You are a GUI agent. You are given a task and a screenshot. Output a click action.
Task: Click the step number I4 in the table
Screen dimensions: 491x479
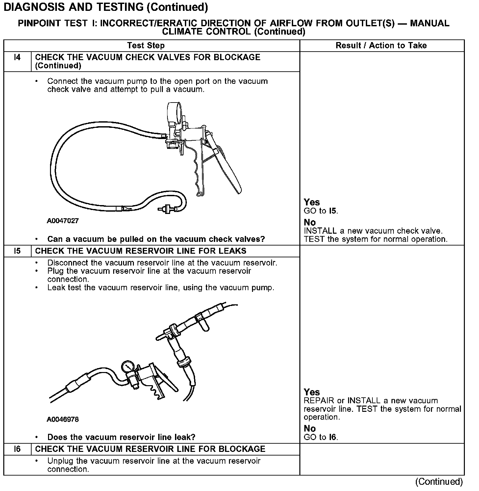click(17, 58)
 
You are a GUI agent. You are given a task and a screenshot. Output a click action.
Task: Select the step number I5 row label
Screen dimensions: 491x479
click(17, 251)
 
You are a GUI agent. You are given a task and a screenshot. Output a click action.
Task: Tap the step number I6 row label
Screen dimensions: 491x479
click(17, 449)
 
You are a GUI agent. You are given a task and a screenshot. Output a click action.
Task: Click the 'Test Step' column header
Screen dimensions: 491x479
click(146, 46)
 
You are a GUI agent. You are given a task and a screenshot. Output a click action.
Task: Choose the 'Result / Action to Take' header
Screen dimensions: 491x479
click(381, 46)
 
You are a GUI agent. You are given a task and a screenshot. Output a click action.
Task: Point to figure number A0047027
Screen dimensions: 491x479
click(63, 221)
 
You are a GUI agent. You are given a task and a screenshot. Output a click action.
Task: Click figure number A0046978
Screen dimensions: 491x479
click(63, 419)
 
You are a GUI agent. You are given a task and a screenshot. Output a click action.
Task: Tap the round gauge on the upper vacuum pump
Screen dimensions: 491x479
click(175, 111)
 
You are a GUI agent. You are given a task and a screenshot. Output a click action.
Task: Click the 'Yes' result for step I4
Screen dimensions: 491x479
click(312, 202)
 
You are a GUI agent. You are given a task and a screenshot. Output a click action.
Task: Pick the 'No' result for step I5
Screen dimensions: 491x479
click(310, 429)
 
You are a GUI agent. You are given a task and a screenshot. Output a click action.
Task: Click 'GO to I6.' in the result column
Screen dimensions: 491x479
click(321, 437)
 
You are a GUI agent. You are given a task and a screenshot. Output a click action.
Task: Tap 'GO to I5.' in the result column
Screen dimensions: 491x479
click(321, 211)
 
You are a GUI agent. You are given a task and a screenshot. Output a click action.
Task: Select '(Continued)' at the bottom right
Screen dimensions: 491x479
click(439, 482)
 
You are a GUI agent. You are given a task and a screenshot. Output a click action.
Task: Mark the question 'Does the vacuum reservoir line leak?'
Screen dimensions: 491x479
click(121, 437)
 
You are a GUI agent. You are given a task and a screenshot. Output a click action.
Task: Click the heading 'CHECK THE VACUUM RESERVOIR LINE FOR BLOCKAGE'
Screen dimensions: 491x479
click(150, 449)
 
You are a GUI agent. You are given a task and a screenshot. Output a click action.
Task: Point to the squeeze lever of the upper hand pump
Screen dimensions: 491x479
click(227, 168)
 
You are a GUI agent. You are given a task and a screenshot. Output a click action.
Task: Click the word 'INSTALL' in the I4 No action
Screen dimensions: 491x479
click(320, 231)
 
